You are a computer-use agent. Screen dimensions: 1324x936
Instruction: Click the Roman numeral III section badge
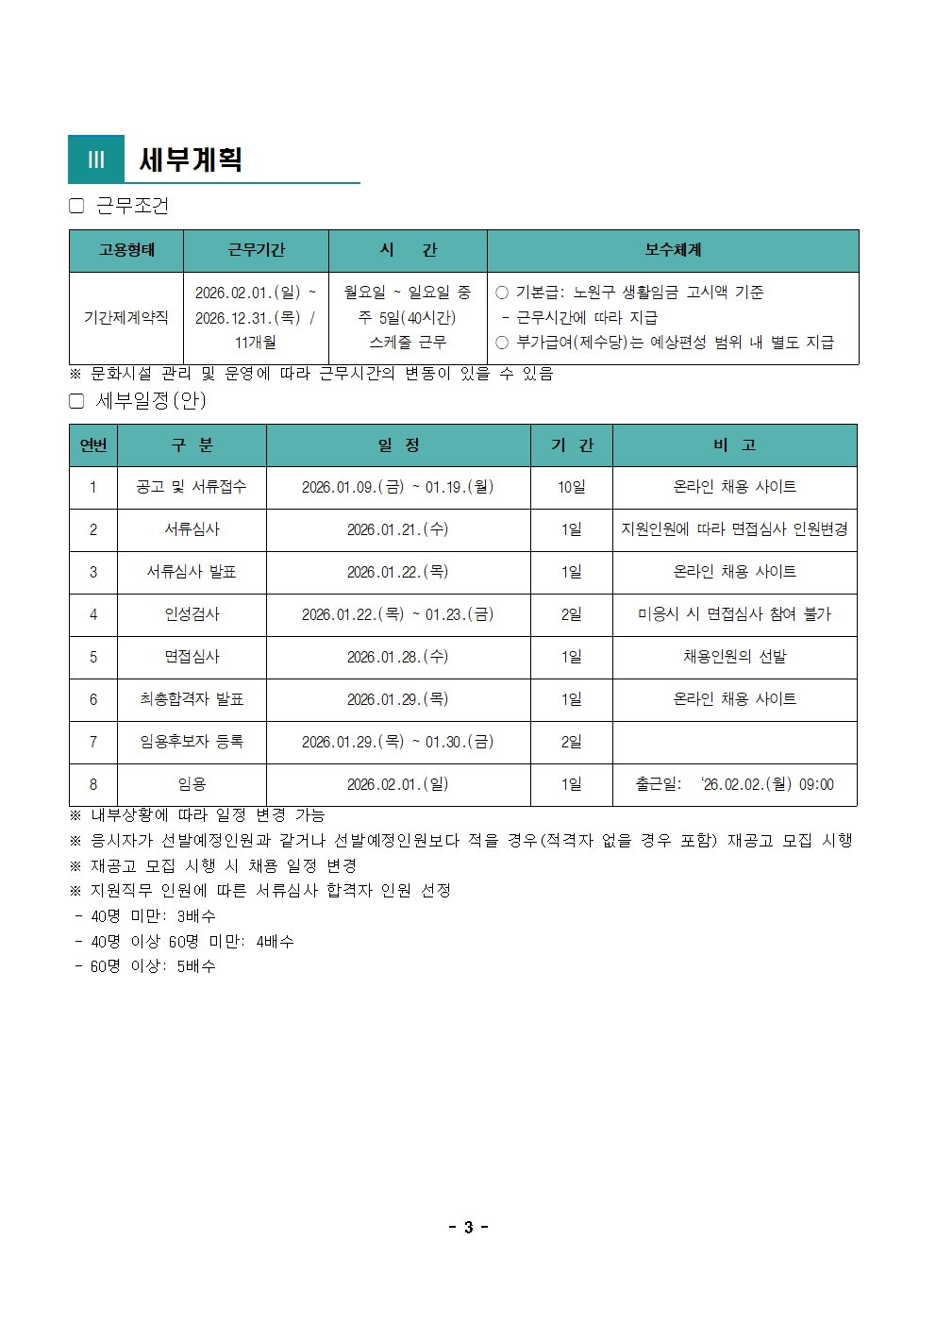coord(96,159)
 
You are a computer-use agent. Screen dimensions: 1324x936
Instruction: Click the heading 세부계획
coord(192,159)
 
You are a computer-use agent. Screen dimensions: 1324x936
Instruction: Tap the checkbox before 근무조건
coord(77,206)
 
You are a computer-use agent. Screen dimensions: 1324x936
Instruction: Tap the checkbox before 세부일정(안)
coord(77,401)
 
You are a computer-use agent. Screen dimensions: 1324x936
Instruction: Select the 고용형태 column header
coord(126,250)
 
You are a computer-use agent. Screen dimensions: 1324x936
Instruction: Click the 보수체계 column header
coord(673,250)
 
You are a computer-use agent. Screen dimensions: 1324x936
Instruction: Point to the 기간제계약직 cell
coord(126,318)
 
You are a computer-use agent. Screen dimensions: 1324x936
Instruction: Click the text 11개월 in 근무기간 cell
coord(256,343)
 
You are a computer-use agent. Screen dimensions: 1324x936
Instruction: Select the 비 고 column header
coord(734,445)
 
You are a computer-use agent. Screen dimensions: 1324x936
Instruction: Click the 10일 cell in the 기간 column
coord(571,487)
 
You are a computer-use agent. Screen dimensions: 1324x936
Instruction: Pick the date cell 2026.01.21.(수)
coord(397,529)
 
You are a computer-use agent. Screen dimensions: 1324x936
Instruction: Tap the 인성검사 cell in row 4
coord(192,614)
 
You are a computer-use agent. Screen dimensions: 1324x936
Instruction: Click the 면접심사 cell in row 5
coord(192,657)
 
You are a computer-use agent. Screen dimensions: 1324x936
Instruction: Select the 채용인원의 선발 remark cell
coord(734,657)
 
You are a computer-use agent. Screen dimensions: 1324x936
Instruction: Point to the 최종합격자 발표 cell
coord(192,699)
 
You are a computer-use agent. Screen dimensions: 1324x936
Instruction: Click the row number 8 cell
coord(93,784)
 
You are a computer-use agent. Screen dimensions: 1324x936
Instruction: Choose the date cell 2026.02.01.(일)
coord(397,784)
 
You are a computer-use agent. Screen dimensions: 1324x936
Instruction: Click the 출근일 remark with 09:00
coord(734,784)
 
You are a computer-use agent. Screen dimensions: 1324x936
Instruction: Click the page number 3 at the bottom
coord(468,1227)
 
